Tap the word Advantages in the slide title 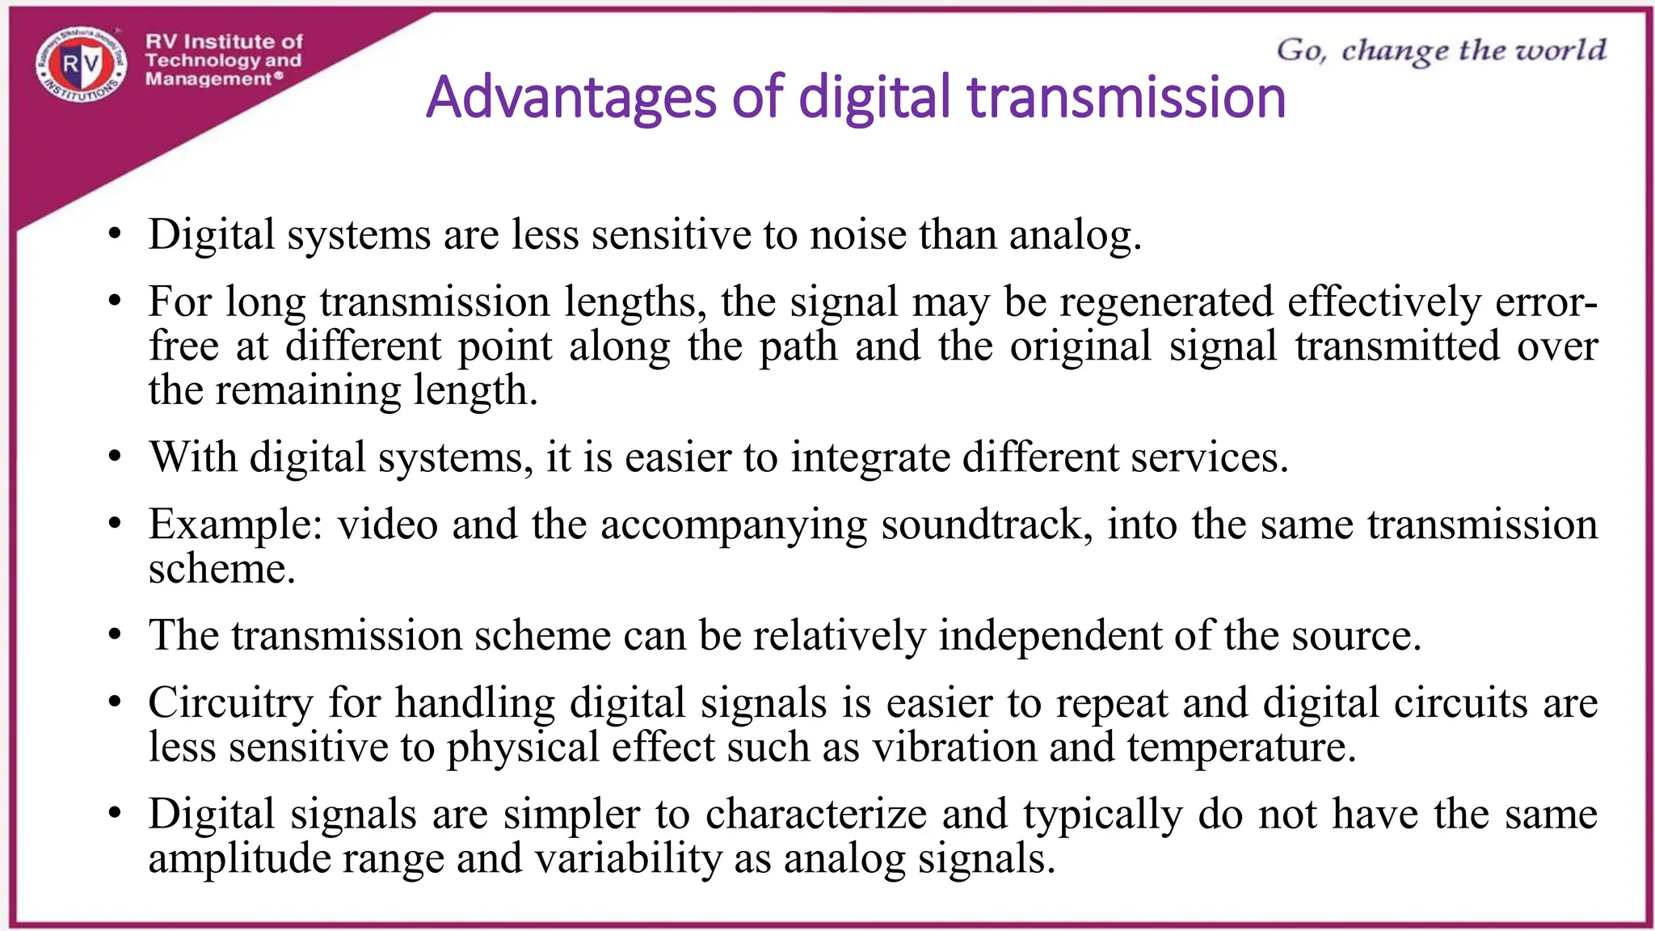[x=571, y=98]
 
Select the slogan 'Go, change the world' [x=1441, y=50]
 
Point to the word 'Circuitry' [x=230, y=702]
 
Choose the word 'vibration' [x=954, y=747]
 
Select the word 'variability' [x=629, y=858]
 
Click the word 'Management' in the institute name [x=208, y=79]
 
